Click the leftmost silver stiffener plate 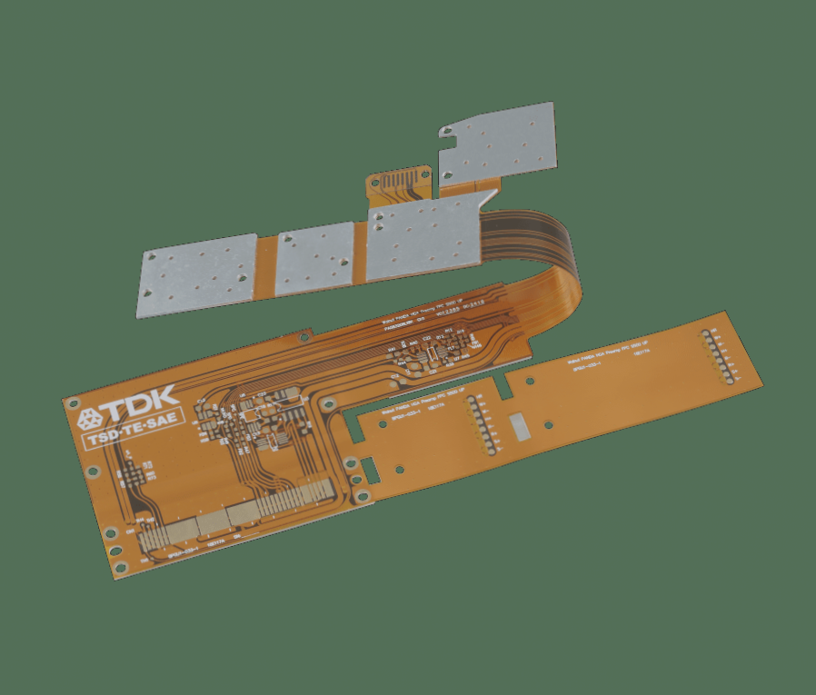[x=198, y=274]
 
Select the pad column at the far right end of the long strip [x=715, y=356]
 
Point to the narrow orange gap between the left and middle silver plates [x=265, y=265]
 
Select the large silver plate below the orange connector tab [x=425, y=239]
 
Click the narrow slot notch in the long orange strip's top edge [x=503, y=385]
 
